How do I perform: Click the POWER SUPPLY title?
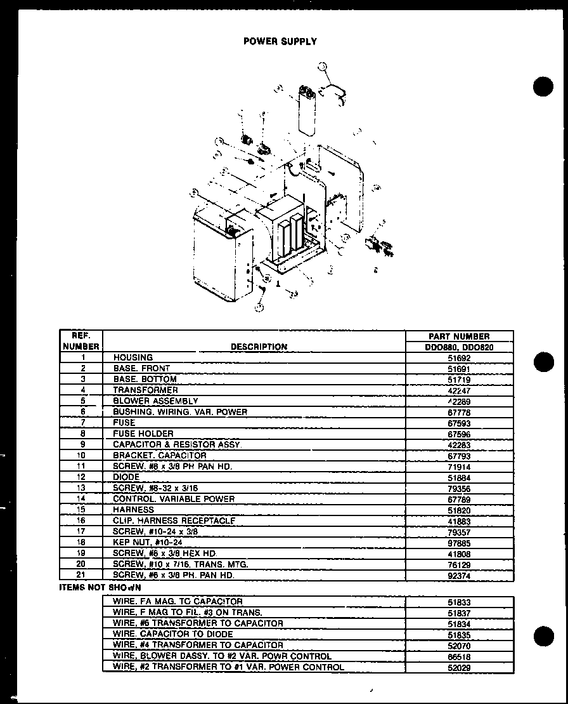click(280, 41)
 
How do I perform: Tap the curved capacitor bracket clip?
click(336, 93)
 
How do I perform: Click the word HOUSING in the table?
click(133, 357)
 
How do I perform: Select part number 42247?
click(459, 390)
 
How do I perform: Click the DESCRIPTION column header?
click(259, 347)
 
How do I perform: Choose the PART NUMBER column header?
click(459, 336)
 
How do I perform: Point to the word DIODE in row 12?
click(127, 477)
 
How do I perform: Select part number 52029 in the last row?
click(459, 667)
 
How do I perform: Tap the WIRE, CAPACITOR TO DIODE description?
click(173, 634)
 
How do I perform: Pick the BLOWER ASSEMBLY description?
click(156, 401)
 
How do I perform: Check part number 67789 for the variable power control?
click(459, 499)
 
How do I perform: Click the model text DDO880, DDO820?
click(459, 347)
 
